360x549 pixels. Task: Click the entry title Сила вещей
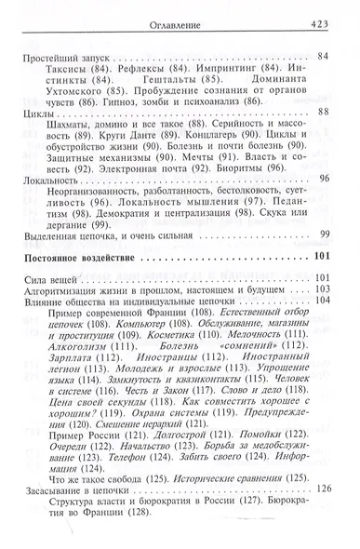(47, 275)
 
